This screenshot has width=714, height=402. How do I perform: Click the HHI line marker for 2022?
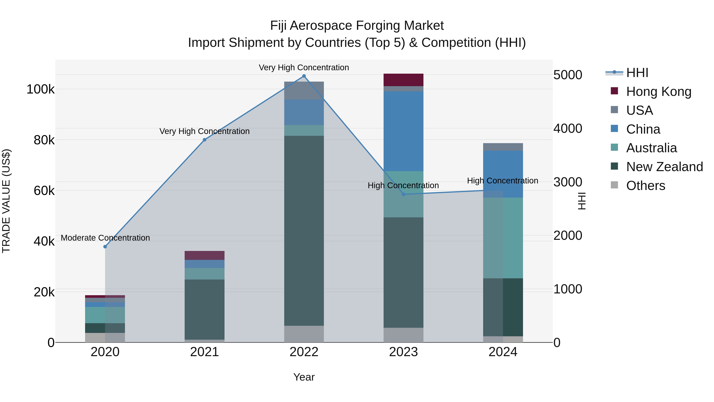point(304,76)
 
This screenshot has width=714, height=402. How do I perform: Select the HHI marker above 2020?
point(105,247)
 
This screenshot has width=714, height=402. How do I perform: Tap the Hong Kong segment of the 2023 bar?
point(403,80)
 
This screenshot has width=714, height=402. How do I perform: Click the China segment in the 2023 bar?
point(403,131)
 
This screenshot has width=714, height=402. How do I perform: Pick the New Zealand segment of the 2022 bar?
point(304,230)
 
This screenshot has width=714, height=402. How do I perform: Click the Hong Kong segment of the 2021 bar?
point(204,255)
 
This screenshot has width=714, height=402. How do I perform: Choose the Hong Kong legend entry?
point(658,92)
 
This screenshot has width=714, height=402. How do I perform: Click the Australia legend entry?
point(651,148)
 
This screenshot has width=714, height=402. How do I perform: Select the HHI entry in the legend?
point(637,73)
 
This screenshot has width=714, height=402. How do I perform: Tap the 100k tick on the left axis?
point(40,90)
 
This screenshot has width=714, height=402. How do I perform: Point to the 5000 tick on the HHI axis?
point(568,75)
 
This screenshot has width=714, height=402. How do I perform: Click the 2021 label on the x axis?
point(204,352)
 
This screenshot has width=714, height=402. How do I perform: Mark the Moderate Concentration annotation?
point(105,238)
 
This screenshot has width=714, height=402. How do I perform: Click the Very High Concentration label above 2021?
point(204,131)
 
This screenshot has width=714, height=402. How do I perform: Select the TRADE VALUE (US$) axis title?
point(6,201)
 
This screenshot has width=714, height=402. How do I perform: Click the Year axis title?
point(304,377)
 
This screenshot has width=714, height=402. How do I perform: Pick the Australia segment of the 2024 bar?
point(503,238)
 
